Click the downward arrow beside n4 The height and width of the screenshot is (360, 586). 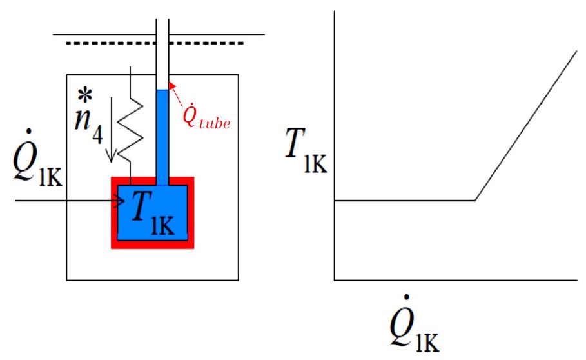113,130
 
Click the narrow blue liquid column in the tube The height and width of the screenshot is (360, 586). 162,135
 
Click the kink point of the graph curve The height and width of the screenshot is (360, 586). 475,200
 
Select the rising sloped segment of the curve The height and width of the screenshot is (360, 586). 525,125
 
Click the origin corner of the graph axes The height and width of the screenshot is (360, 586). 335,280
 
